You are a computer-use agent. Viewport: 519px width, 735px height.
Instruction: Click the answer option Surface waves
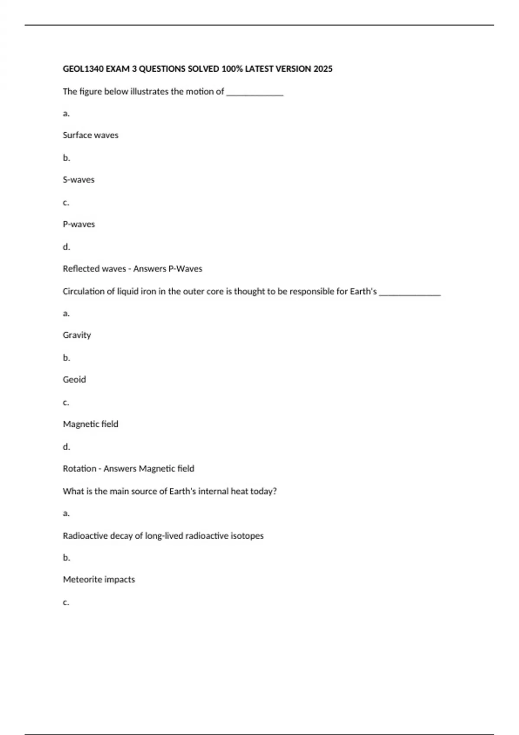click(x=90, y=135)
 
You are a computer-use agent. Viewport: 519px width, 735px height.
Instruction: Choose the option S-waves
click(x=78, y=180)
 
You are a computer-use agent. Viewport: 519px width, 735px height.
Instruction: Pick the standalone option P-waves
click(x=79, y=224)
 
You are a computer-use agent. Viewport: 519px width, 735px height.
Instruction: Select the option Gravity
click(x=77, y=335)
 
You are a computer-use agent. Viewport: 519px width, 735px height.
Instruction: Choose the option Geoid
click(x=74, y=380)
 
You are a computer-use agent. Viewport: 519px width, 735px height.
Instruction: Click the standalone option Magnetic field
click(x=90, y=424)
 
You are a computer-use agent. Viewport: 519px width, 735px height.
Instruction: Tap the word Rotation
click(x=80, y=469)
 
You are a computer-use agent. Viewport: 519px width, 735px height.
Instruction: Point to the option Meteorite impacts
click(x=99, y=579)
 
